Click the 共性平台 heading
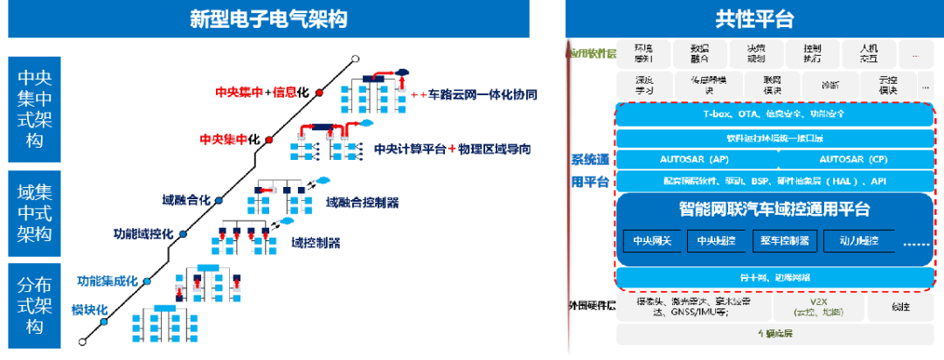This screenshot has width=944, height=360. click(753, 19)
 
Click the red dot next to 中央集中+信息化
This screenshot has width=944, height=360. click(320, 92)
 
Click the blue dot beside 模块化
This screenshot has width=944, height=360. click(104, 322)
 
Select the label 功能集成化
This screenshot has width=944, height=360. click(108, 281)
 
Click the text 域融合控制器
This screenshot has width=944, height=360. click(362, 203)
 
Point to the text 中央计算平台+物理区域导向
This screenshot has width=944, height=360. click(452, 148)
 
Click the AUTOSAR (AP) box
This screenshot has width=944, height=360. click(694, 160)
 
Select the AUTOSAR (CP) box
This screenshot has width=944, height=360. click(853, 160)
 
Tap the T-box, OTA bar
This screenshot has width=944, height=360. click(774, 114)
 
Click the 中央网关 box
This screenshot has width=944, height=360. click(652, 240)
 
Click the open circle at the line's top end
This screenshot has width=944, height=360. click(354, 60)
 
